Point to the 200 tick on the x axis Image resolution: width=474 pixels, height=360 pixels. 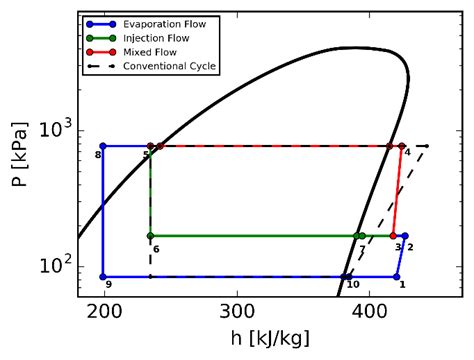104,310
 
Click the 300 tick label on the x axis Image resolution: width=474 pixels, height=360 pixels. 237,310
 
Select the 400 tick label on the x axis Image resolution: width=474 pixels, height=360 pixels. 370,310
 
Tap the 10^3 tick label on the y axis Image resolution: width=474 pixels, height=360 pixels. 55,131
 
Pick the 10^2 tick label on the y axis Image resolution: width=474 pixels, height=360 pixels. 55,266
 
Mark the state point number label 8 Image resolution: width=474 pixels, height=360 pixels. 98,155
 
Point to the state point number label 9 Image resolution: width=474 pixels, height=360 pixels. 108,285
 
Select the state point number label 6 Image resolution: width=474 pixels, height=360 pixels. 156,248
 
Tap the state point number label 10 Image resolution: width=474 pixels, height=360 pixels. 352,285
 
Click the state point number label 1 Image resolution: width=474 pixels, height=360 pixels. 402,285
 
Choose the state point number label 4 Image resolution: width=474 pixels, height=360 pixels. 407,152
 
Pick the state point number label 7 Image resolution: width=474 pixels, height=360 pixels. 362,248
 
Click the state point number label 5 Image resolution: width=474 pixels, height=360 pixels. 145,154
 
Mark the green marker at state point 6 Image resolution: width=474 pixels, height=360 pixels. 150,236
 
